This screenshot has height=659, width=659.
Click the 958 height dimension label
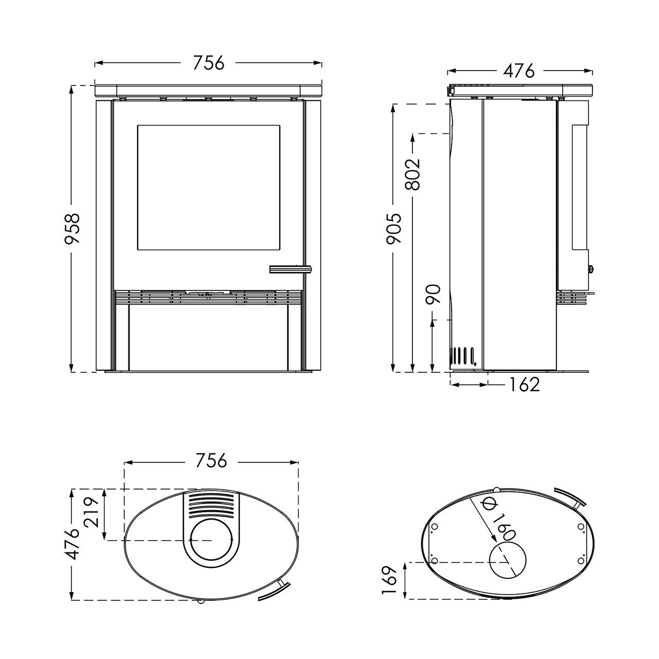72,229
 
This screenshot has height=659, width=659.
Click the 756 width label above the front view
209,63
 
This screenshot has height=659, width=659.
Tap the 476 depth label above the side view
518,71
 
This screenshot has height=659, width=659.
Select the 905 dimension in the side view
394,229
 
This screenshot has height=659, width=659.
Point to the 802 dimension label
412,174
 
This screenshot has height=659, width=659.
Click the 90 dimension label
432,294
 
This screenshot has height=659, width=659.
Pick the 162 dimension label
524,385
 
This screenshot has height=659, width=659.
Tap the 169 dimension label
390,580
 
